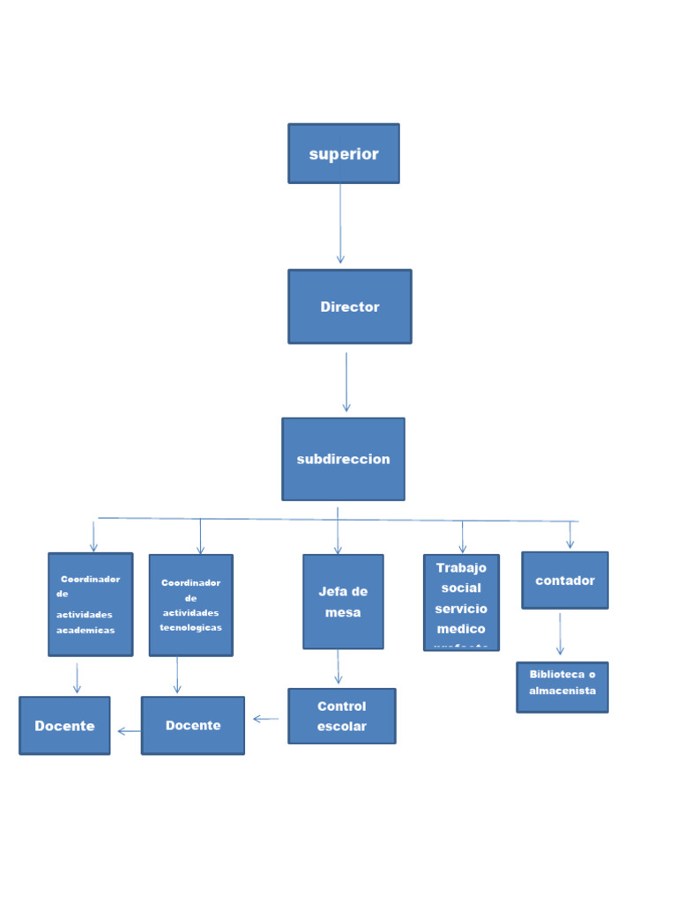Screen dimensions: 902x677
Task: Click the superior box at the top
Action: [x=344, y=153]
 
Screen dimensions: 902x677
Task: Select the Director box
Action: [x=349, y=307]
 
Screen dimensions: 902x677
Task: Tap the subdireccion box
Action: [x=343, y=459]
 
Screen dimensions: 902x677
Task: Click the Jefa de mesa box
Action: [x=343, y=602]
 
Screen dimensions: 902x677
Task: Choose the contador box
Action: [x=565, y=580]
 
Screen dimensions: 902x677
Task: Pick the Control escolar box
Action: [x=341, y=716]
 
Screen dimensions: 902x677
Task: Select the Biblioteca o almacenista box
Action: [x=562, y=687]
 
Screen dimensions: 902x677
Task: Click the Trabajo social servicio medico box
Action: [x=461, y=603]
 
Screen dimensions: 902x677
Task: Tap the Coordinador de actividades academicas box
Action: [x=90, y=604]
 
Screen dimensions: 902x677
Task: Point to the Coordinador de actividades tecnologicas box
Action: [x=190, y=605]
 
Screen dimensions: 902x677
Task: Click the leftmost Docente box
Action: [x=64, y=726]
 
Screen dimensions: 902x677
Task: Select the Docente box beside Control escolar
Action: [x=192, y=726]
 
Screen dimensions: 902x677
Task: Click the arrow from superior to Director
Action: [x=340, y=224]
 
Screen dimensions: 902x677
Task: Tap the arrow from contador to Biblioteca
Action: [x=560, y=634]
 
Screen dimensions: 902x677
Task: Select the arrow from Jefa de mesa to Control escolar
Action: [x=338, y=668]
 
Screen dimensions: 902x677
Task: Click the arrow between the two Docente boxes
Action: [x=129, y=730]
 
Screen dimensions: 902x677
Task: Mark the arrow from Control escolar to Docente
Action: [x=265, y=719]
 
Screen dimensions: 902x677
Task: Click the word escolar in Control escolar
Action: [x=341, y=727]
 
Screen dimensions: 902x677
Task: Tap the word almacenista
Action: [x=562, y=691]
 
